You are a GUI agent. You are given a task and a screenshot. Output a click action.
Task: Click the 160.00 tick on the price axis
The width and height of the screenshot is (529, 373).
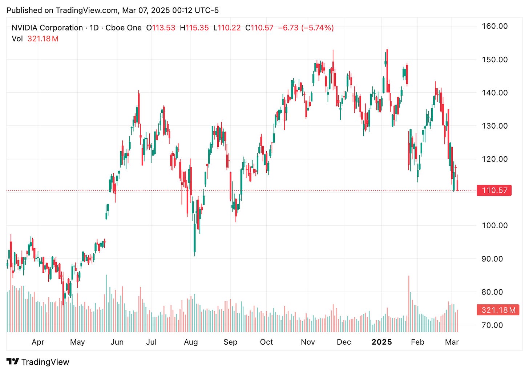pos(494,26)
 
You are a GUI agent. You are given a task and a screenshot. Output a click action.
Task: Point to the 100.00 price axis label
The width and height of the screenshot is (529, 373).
pos(494,225)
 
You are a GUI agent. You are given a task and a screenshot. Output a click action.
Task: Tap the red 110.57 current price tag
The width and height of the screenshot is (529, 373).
pos(494,190)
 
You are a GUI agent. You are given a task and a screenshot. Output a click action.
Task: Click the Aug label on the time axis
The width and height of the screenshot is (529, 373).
pos(191,342)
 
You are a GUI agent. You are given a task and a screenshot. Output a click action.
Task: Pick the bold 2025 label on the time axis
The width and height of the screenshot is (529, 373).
pos(382,342)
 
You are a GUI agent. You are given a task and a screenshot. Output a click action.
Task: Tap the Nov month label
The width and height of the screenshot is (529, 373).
pos(308,342)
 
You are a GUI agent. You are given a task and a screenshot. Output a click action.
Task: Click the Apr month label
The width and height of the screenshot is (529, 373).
pos(38,342)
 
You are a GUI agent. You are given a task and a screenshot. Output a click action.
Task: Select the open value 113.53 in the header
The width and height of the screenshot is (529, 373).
pos(163,28)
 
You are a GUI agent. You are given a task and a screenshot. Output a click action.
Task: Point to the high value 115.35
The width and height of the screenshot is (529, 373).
pos(197,28)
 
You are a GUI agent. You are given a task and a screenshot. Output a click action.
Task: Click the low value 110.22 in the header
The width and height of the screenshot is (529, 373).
pos(229,28)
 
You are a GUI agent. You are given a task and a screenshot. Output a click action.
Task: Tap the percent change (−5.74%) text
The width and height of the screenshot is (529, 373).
pos(317,28)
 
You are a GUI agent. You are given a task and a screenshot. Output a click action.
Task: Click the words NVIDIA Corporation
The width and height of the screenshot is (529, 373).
pos(47,28)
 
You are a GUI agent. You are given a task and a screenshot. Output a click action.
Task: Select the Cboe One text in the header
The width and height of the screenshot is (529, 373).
pos(124,28)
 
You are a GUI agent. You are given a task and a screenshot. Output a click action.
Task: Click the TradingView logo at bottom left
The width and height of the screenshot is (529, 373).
pos(38,362)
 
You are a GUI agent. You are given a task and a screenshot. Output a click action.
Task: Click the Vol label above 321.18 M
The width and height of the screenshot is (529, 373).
pos(17,39)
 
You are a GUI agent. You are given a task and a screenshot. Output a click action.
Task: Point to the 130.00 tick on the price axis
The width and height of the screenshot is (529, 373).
pos(494,126)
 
